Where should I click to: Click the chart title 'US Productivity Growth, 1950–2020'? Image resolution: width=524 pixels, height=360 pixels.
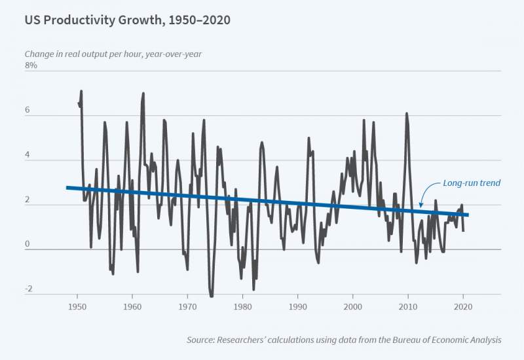coord(127,20)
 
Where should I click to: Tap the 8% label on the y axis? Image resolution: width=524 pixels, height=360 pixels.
coord(31,65)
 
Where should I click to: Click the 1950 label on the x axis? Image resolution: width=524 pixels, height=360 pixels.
coord(77,306)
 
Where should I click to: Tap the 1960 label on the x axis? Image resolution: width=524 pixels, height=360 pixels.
coord(132,306)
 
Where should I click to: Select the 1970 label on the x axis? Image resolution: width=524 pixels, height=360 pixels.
coord(187,306)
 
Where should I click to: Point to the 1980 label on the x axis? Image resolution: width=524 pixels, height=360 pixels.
coord(242,306)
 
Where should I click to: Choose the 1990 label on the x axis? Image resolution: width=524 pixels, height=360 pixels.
coord(298,306)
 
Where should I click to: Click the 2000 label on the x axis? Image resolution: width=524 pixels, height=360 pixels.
coord(353,306)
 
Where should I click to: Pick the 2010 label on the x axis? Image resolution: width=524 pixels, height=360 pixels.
coord(408,306)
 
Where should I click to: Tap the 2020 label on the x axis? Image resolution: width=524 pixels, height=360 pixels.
coord(463,306)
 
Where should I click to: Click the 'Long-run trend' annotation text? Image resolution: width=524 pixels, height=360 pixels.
coord(472,183)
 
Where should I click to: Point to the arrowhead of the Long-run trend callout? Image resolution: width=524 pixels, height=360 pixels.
coord(421,206)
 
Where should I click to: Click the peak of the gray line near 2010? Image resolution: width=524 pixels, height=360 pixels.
coord(407,114)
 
